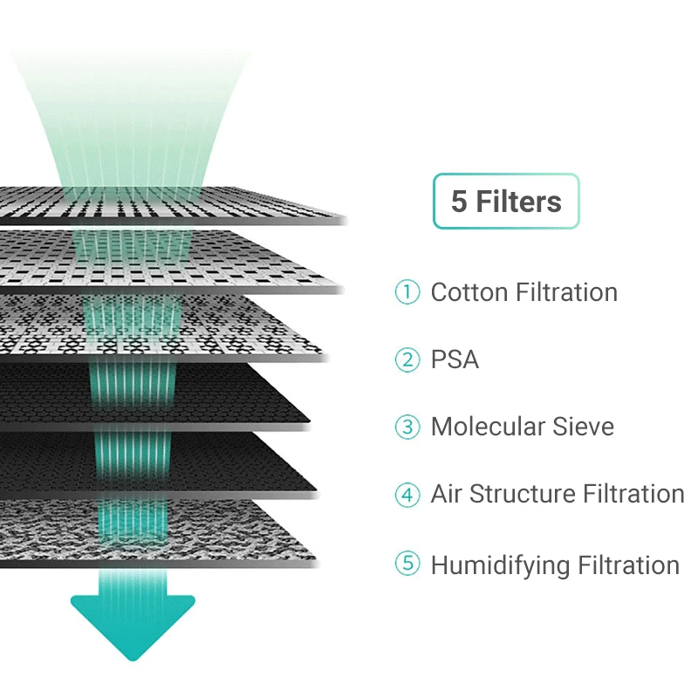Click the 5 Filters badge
506,202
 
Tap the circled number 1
407,292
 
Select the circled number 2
407,359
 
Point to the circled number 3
407,428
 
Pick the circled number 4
407,495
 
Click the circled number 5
407,564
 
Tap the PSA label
455,359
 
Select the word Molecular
488,428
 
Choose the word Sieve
584,428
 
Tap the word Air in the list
446,495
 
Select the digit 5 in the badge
459,202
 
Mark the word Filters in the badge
518,202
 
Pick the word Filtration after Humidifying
629,565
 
